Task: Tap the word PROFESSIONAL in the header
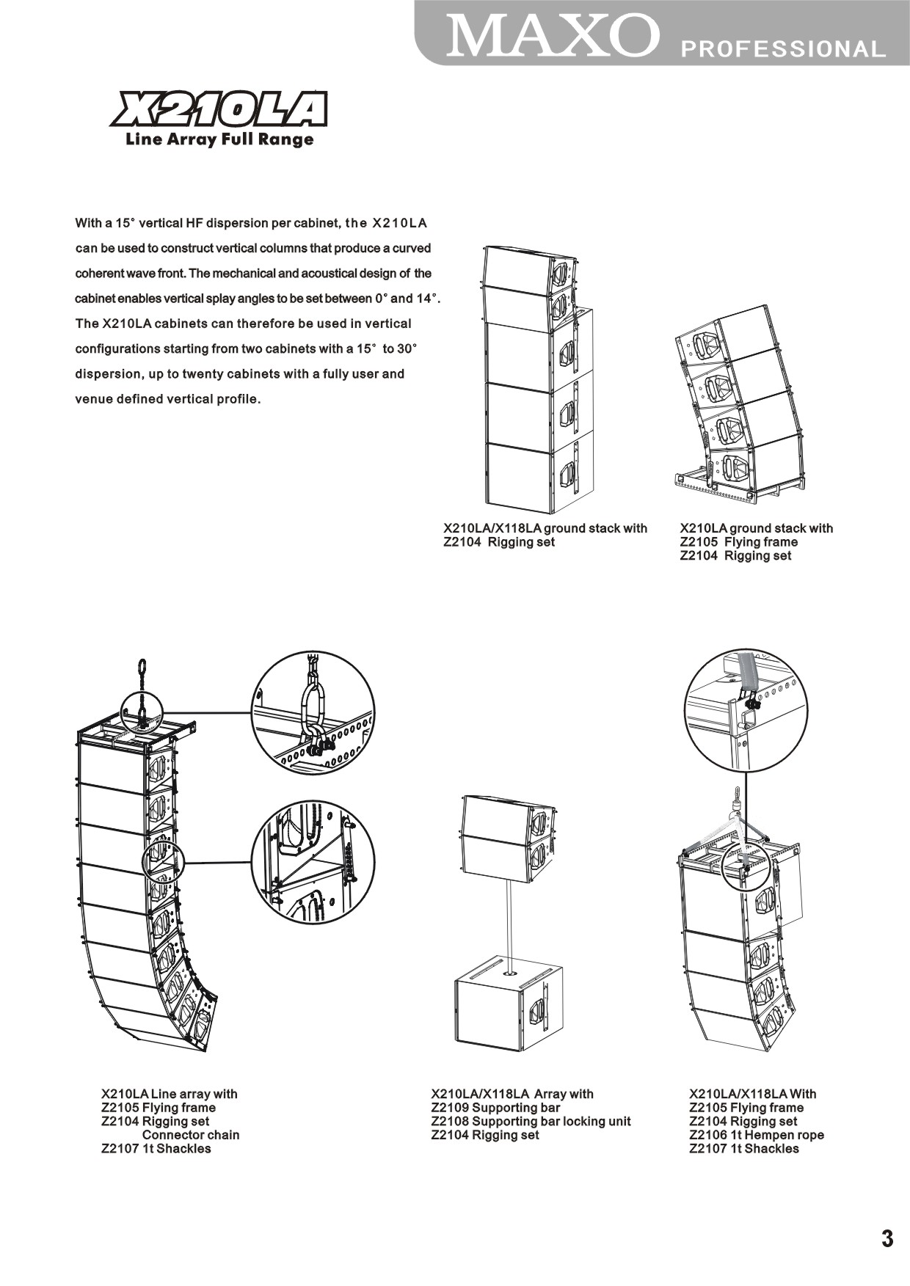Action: [x=783, y=49]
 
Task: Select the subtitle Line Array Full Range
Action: [x=219, y=139]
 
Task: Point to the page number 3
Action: [x=887, y=1239]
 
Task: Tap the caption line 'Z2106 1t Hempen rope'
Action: [x=756, y=1135]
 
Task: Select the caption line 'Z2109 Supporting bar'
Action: [x=495, y=1108]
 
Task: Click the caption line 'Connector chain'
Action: [x=191, y=1135]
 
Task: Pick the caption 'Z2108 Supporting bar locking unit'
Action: [x=531, y=1121]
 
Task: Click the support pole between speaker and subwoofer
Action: [x=507, y=917]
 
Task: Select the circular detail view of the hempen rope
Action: [x=746, y=710]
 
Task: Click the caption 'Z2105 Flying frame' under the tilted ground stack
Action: [x=738, y=542]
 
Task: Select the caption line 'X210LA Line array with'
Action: [x=170, y=1094]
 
